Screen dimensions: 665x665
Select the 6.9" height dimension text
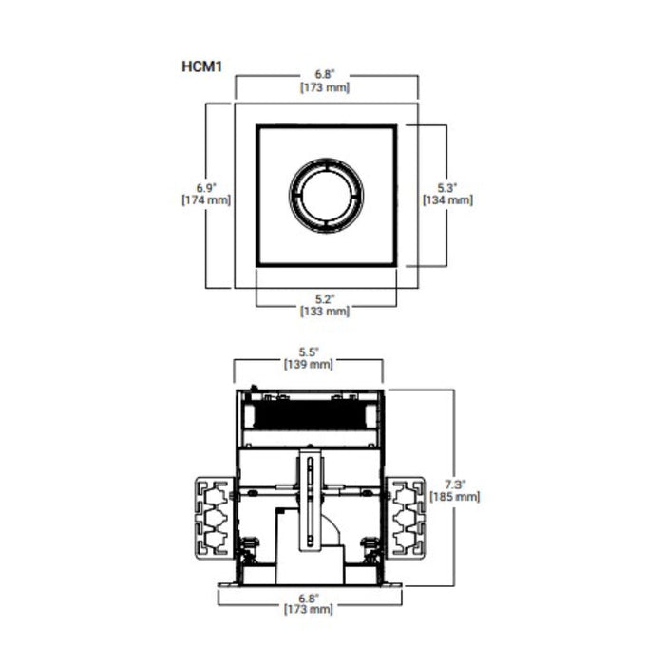coord(206,186)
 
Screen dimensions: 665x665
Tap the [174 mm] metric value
coord(206,199)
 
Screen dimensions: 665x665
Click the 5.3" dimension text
coord(446,186)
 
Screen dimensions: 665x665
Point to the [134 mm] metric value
coord(446,199)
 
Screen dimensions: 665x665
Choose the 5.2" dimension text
coord(325,296)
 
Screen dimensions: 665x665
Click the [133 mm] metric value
coord(325,311)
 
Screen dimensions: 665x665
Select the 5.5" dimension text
coord(308,350)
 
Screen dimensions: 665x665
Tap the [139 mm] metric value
coord(308,364)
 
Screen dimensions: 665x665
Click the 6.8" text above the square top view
coord(326,73)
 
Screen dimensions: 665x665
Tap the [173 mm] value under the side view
coord(309,609)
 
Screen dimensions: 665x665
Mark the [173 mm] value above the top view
coord(326,87)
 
